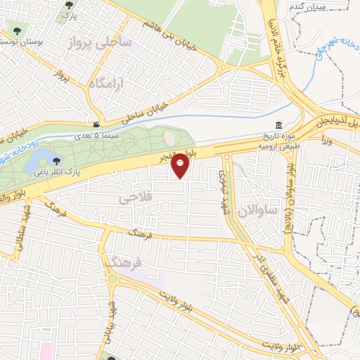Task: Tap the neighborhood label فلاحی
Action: point(137,200)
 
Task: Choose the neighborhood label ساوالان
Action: point(259,210)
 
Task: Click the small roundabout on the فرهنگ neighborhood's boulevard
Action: point(112,279)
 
